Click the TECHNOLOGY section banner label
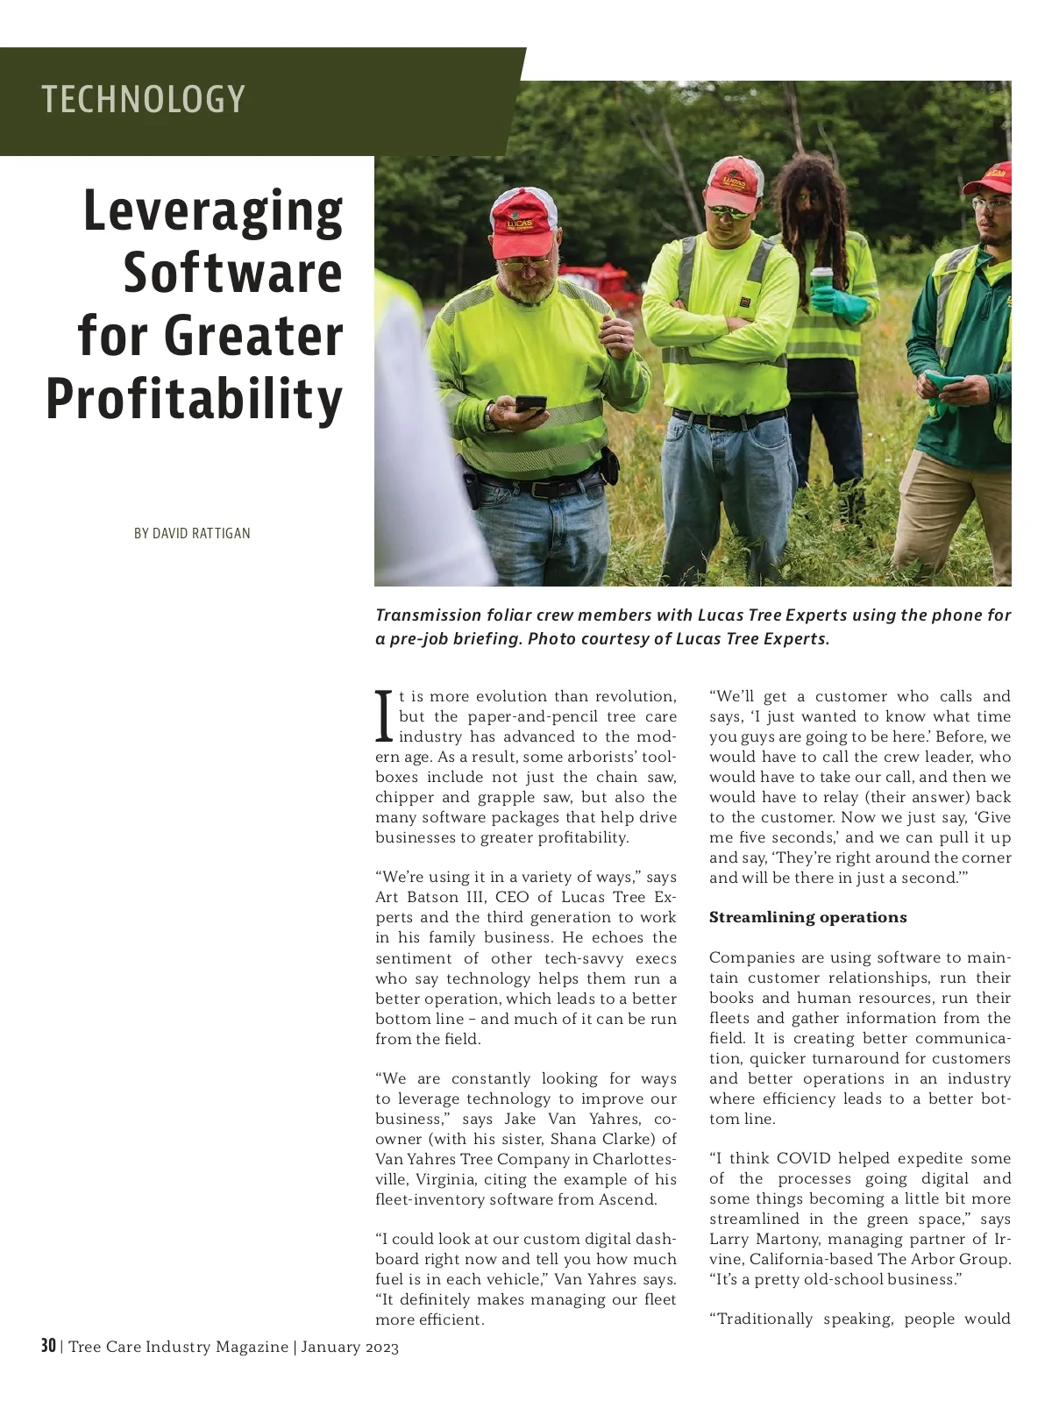(x=143, y=99)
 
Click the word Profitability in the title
(x=194, y=399)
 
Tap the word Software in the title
(x=232, y=273)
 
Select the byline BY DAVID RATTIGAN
(x=192, y=533)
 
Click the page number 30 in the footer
(x=48, y=1346)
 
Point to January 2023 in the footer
(x=350, y=1347)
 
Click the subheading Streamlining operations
(x=807, y=917)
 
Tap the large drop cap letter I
(x=383, y=716)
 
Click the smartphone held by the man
(x=530, y=404)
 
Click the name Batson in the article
(x=429, y=897)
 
